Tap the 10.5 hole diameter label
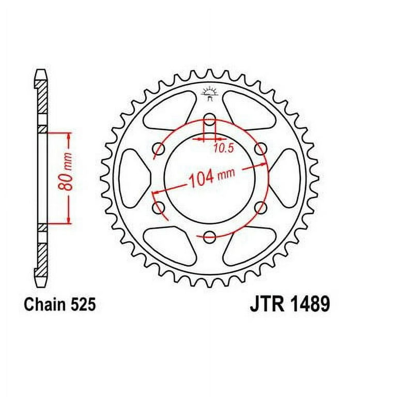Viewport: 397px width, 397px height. [x=223, y=148]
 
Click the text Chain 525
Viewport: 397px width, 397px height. [x=59, y=304]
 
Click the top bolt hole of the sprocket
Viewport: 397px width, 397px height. [x=209, y=119]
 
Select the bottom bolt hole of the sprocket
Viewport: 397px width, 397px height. [x=209, y=237]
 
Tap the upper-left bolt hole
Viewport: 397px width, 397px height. [x=159, y=149]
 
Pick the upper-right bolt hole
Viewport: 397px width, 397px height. [x=260, y=149]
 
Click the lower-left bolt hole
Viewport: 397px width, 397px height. [x=159, y=208]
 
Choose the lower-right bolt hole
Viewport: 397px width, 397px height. [x=260, y=208]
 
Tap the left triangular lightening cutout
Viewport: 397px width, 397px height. [x=133, y=178]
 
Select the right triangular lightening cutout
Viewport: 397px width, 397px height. [x=286, y=178]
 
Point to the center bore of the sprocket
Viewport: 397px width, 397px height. [x=209, y=196]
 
